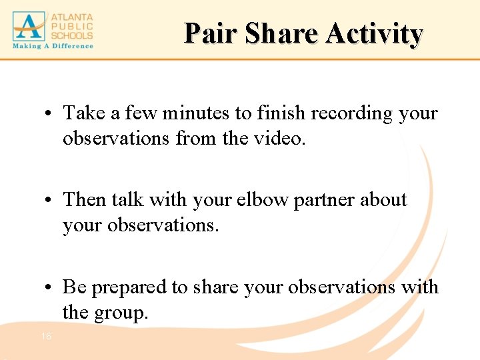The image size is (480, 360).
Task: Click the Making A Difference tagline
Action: pos(53,46)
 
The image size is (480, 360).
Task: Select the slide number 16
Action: pos(46,337)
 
